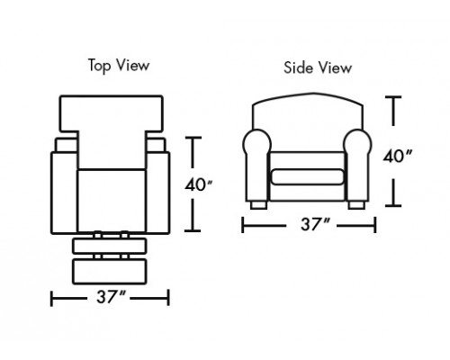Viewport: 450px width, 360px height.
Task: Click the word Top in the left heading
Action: coord(99,66)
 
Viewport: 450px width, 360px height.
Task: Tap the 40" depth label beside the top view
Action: coord(198,184)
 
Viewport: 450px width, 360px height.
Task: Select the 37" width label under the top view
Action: coord(110,297)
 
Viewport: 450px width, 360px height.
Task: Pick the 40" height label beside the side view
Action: coord(398,157)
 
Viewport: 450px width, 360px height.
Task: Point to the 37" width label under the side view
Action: coord(315,224)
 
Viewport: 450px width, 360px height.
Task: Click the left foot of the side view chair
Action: coord(258,205)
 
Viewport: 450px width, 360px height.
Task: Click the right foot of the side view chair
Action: coord(356,205)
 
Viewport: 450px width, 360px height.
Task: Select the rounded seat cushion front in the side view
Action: coord(308,176)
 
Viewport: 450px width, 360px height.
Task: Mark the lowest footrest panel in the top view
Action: coord(110,272)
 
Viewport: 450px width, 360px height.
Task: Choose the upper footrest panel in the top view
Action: coord(110,246)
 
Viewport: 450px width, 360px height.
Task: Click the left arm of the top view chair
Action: coord(64,193)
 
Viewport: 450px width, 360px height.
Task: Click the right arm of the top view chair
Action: coord(157,193)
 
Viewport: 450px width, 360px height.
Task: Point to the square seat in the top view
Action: coord(112,201)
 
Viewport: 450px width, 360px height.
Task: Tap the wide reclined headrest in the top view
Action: coord(112,114)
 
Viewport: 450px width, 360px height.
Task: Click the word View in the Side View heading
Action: coord(335,67)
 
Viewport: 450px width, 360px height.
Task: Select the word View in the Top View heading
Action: coord(132,65)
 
